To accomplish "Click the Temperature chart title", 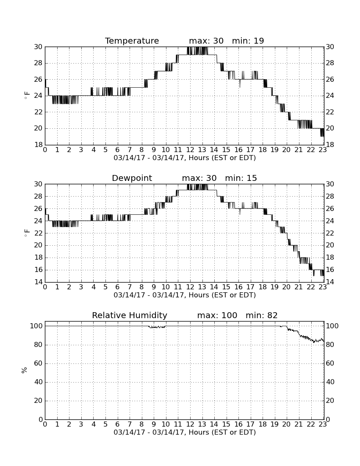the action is [x=132, y=41].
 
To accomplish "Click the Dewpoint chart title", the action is [x=132, y=178].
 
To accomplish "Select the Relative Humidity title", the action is [x=130, y=315].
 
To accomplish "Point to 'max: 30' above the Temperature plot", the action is [x=206, y=41].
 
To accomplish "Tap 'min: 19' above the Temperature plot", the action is [x=248, y=41].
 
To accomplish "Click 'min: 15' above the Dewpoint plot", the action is [x=241, y=178].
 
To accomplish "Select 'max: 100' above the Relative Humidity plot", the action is [x=217, y=315].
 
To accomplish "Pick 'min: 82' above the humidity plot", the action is [x=262, y=315].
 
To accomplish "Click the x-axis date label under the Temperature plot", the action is [x=185, y=158].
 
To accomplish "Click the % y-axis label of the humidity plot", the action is [x=25, y=370].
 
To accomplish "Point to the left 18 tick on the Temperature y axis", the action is [x=39, y=145].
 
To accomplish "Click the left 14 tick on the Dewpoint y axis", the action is [x=39, y=282].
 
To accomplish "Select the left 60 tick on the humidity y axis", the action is [x=39, y=363].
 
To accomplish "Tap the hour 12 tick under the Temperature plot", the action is [x=190, y=150].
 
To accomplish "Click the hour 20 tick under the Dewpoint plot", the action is [x=286, y=287].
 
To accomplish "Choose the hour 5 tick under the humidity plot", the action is [x=105, y=424].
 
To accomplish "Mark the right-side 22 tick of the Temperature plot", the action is [x=330, y=112].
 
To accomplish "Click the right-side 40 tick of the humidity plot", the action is [x=330, y=382].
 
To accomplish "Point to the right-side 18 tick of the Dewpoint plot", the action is [x=330, y=258].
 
